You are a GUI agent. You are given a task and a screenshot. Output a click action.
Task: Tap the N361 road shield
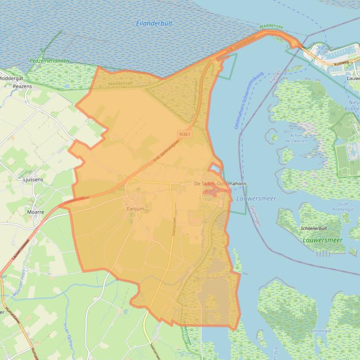pyautogui.click(x=185, y=134)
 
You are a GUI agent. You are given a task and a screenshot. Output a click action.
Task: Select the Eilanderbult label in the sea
pyautogui.click(x=154, y=23)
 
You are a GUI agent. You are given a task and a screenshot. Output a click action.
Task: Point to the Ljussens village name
pyautogui.click(x=33, y=180)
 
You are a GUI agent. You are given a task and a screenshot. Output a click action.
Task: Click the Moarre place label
pyautogui.click(x=36, y=212)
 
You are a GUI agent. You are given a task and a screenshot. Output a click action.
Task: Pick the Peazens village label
pyautogui.click(x=22, y=87)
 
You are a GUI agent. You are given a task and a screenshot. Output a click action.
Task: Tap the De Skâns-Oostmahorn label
pyautogui.click(x=220, y=184)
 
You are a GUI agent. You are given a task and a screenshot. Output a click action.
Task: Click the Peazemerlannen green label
pyautogui.click(x=49, y=61)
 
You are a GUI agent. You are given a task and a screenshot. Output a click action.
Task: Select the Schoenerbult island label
pyautogui.click(x=317, y=228)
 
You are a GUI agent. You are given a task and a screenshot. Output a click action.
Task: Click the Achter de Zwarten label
pyautogui.click(x=296, y=137)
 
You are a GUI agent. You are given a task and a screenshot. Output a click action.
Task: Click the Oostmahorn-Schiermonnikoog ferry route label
pyautogui.click(x=243, y=101)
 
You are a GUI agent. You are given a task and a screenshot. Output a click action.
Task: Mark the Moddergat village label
pyautogui.click(x=11, y=79)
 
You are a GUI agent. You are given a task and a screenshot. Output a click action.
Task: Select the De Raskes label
pyautogui.click(x=215, y=277)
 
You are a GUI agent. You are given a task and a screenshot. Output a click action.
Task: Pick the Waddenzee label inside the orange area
pyautogui.click(x=120, y=83)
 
